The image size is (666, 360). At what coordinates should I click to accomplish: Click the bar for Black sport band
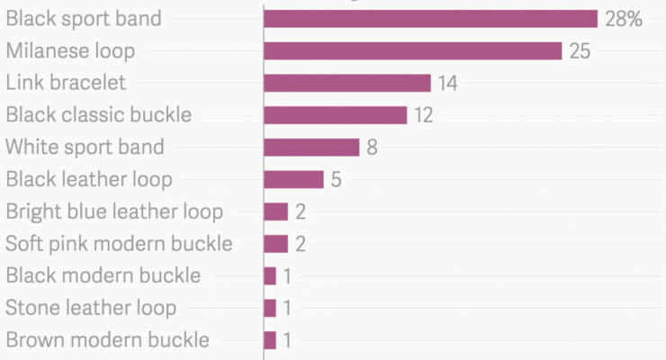pyautogui.click(x=430, y=19)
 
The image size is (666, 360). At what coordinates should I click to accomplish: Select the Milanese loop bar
pyautogui.click(x=412, y=51)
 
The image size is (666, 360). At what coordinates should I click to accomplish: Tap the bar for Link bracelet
pyautogui.click(x=346, y=84)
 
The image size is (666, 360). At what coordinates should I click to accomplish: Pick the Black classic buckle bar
pyautogui.click(x=335, y=115)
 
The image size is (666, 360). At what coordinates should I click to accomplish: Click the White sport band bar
pyautogui.click(x=310, y=148)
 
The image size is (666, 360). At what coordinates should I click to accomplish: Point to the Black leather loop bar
pyautogui.click(x=292, y=179)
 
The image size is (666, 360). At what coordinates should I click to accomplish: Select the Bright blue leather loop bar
pyautogui.click(x=275, y=211)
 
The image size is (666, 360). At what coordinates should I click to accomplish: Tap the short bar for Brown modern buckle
pyautogui.click(x=270, y=340)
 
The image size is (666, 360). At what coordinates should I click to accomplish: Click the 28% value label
pyautogui.click(x=624, y=19)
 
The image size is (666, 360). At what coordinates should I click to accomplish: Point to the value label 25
pyautogui.click(x=580, y=51)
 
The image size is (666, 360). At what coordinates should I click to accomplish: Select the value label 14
pyautogui.click(x=448, y=84)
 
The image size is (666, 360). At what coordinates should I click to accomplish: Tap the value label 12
pyautogui.click(x=424, y=115)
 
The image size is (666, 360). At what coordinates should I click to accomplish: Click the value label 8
pyautogui.click(x=372, y=148)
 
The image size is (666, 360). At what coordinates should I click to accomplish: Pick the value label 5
pyautogui.click(x=336, y=179)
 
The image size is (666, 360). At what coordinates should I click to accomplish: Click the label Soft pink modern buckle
pyautogui.click(x=119, y=244)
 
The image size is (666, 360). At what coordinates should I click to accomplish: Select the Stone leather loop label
pyautogui.click(x=91, y=308)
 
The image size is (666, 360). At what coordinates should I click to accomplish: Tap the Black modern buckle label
pyautogui.click(x=103, y=275)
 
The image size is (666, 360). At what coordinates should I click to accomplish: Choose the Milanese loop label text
pyautogui.click(x=70, y=51)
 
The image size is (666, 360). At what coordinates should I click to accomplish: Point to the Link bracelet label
pyautogui.click(x=66, y=84)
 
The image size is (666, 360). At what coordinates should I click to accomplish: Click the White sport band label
pyautogui.click(x=85, y=148)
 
